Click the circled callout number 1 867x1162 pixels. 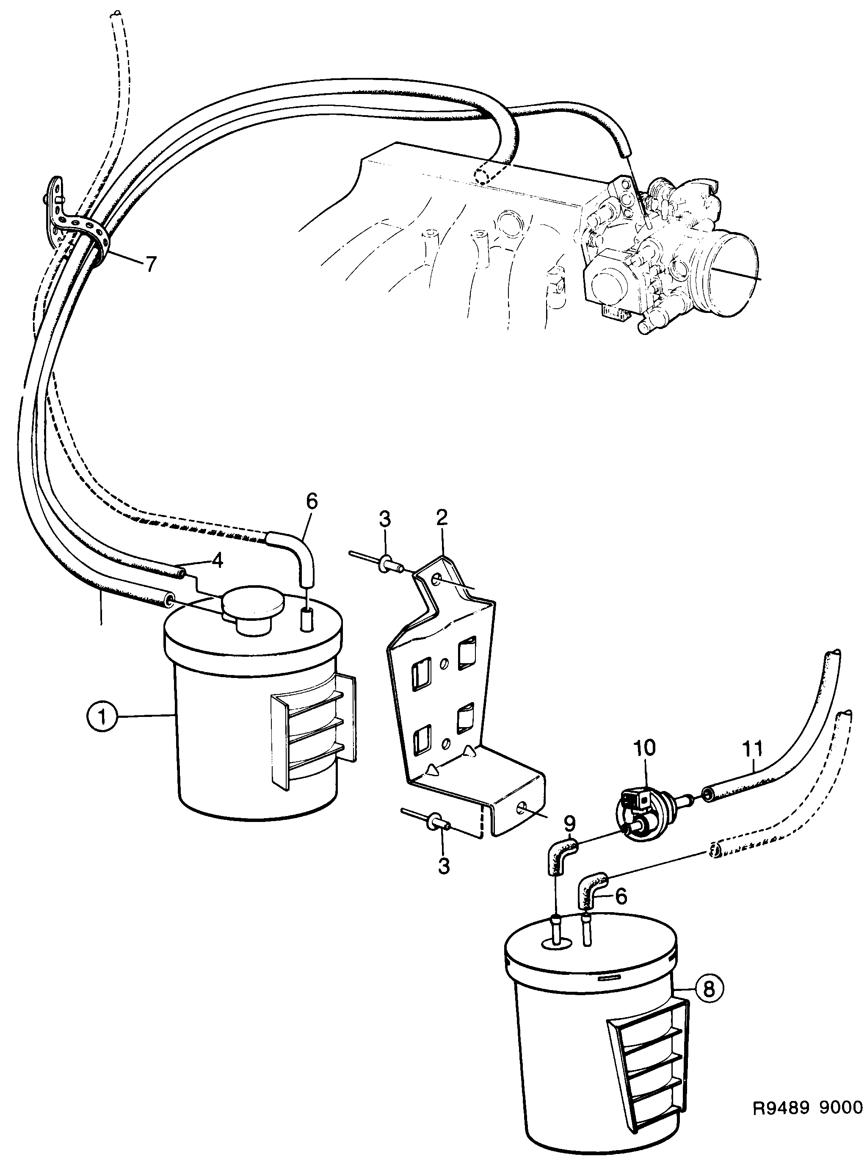click(102, 717)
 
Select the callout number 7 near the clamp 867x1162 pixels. click(151, 265)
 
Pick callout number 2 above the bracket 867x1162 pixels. click(442, 519)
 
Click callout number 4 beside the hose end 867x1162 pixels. click(217, 561)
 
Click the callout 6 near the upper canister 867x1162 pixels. click(312, 502)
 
